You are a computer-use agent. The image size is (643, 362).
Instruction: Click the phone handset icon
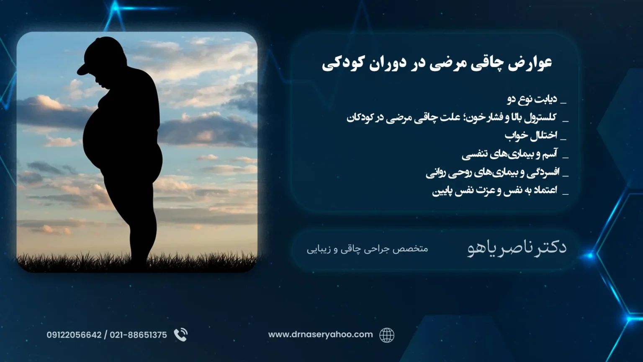point(181,335)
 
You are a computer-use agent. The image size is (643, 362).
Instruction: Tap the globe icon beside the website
point(387,335)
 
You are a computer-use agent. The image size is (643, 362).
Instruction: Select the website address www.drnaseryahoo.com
point(320,335)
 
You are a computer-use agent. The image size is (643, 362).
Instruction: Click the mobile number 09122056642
point(74,335)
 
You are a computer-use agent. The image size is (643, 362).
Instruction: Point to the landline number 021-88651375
point(138,335)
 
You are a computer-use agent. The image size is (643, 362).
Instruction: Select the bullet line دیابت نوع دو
point(532,99)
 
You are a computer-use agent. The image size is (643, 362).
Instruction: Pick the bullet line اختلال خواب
point(531,135)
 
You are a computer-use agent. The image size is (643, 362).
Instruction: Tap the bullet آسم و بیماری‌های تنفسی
point(509,154)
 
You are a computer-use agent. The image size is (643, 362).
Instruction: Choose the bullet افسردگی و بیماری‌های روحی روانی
point(491,172)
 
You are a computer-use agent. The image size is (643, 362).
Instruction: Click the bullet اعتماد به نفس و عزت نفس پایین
point(494,191)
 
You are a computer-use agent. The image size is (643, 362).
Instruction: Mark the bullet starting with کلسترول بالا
point(452,117)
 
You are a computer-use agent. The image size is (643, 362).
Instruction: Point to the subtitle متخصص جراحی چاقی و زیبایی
point(368,249)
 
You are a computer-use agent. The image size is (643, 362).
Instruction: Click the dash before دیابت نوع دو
point(563,103)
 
